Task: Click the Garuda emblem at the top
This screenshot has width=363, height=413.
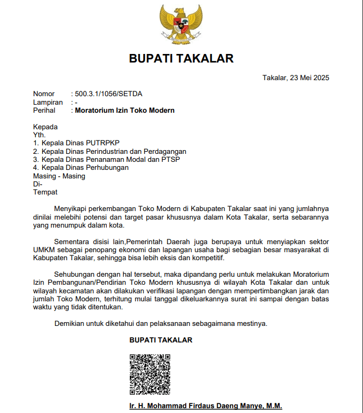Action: (181, 23)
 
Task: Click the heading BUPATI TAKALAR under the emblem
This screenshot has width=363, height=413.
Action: (181, 58)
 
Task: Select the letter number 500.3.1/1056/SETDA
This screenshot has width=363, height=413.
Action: (108, 94)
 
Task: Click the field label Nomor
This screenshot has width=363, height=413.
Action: (44, 94)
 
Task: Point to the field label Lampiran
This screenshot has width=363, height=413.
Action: (48, 102)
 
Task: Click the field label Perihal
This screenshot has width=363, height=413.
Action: (45, 111)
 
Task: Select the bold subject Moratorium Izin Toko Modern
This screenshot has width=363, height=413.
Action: (125, 111)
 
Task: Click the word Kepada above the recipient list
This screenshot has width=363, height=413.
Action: (45, 127)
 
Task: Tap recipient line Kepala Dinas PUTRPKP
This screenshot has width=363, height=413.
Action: (81, 143)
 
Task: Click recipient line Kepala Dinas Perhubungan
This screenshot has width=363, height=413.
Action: (85, 168)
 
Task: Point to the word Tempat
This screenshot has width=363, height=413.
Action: (45, 192)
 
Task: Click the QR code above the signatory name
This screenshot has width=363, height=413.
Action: (150, 374)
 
